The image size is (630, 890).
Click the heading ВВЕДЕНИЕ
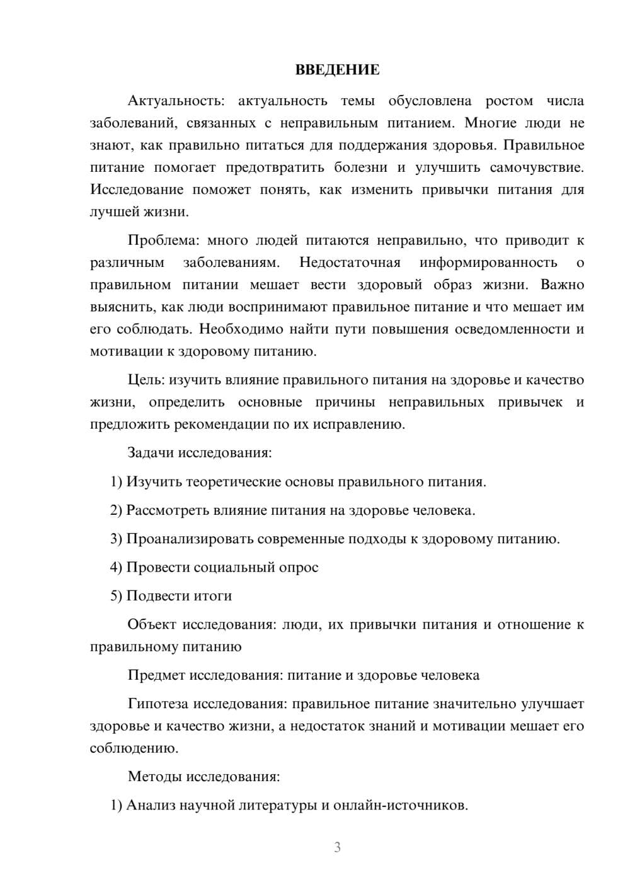(337, 70)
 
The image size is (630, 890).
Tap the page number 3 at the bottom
(337, 847)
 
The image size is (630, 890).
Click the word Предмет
(156, 675)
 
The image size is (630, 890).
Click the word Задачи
(151, 453)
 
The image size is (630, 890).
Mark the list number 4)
(117, 567)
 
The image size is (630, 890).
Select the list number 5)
(117, 595)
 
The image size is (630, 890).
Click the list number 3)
(117, 539)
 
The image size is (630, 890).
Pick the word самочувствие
(536, 167)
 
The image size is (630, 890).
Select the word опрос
(297, 567)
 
